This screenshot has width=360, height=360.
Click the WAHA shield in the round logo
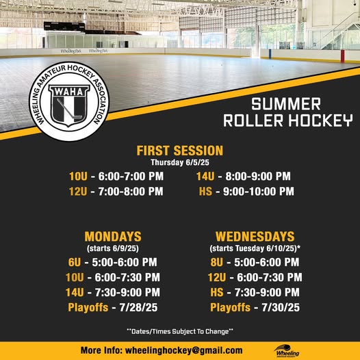[69, 105]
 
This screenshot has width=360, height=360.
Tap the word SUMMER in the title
[286, 104]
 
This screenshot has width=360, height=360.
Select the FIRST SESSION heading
[180, 151]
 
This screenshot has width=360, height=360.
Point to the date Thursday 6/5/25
[180, 163]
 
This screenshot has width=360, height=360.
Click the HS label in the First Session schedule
[205, 192]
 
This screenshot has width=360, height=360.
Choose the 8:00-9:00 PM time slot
[258, 177]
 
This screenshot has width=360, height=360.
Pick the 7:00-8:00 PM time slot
[131, 192]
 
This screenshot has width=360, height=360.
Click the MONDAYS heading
[113, 237]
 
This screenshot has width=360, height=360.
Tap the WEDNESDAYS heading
[255, 237]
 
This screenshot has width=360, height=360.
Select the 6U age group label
[75, 262]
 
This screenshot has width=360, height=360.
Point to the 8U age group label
[217, 262]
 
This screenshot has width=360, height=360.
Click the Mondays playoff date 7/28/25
[138, 307]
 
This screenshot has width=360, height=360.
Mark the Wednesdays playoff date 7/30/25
[281, 307]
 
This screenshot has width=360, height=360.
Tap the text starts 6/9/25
[113, 248]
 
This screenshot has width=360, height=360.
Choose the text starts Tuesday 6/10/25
[255, 248]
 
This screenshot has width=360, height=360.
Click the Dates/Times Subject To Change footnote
[180, 331]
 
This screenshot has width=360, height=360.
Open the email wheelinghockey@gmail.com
[183, 350]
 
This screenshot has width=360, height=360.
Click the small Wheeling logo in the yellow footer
[287, 351]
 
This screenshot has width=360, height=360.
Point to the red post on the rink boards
[343, 56]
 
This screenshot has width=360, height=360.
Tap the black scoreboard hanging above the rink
[64, 27]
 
